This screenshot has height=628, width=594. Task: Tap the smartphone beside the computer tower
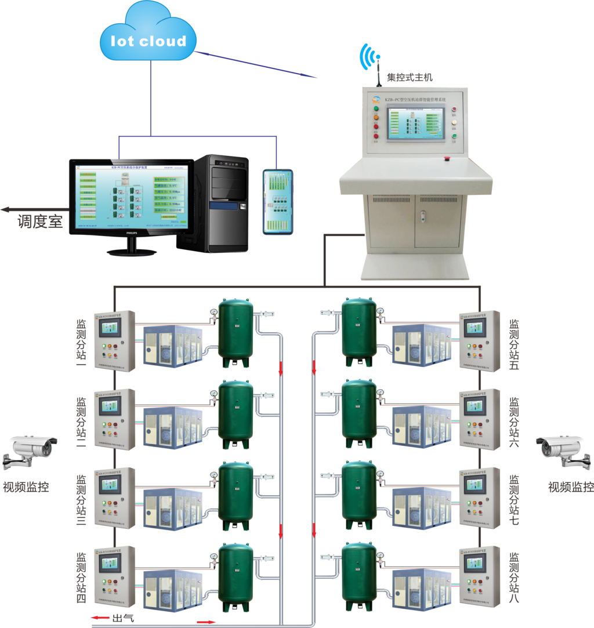(277, 202)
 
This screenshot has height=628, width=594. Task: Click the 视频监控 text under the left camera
(27, 487)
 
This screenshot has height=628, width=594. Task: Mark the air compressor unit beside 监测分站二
(172, 426)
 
